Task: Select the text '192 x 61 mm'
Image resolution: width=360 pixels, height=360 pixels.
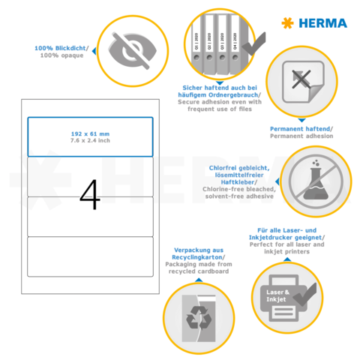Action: pyautogui.click(x=90, y=133)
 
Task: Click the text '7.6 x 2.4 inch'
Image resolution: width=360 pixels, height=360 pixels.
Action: pyautogui.click(x=90, y=141)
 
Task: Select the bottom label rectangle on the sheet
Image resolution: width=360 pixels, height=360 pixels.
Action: pyautogui.click(x=90, y=257)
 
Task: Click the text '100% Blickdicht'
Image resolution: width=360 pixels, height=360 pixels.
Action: pyautogui.click(x=61, y=48)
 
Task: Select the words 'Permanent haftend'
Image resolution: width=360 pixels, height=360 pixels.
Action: pyautogui.click(x=300, y=128)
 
